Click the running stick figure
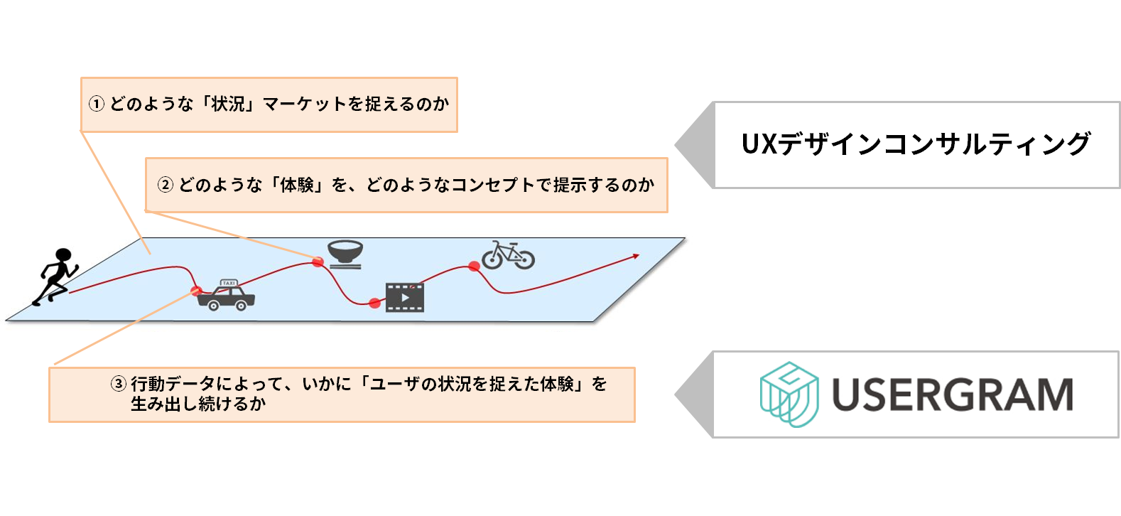(55, 276)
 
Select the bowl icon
(346, 254)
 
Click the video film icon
(405, 298)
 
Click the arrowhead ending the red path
(636, 256)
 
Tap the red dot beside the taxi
(196, 291)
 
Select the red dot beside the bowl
(318, 262)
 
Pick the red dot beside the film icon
(374, 303)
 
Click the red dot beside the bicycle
(474, 267)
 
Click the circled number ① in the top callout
(97, 104)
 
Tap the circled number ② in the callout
(165, 185)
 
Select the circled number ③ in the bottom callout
(118, 384)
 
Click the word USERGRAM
(952, 395)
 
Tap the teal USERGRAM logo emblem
(789, 394)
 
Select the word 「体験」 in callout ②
(297, 185)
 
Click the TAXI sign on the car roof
(229, 283)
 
